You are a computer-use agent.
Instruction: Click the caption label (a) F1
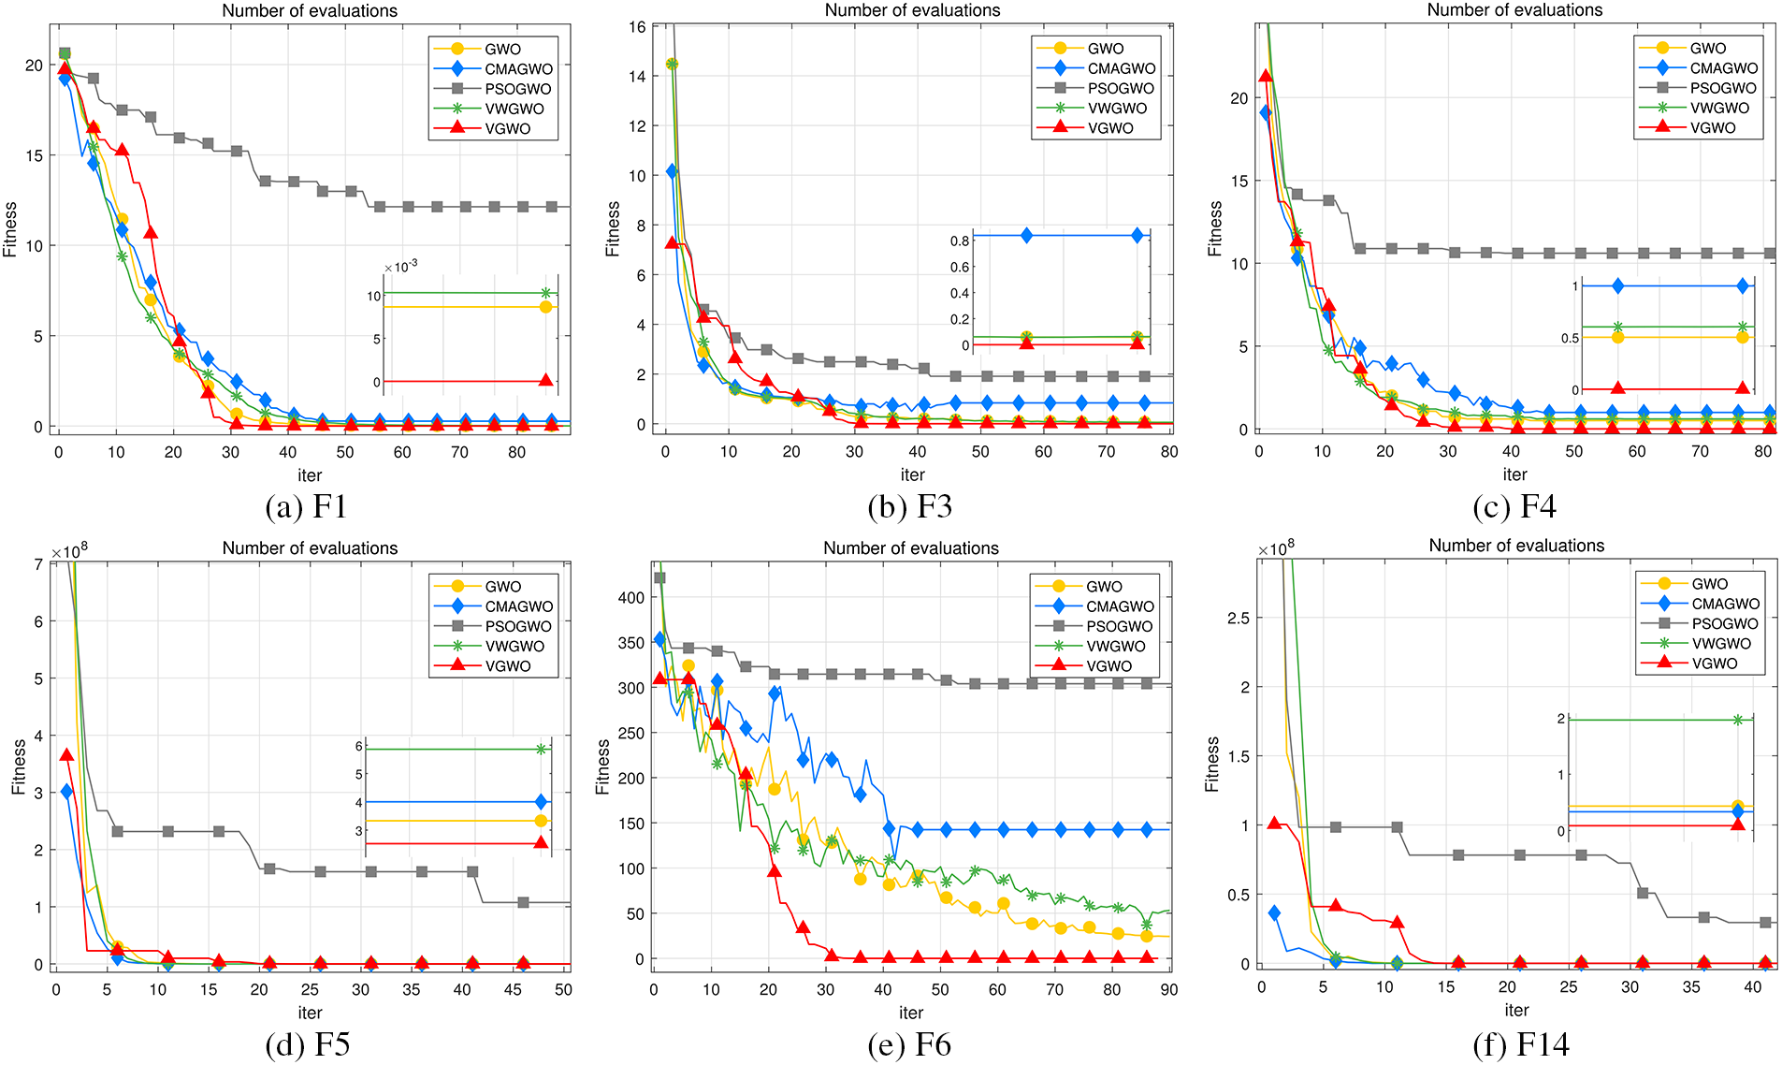306,507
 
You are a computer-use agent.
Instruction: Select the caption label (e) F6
909,1044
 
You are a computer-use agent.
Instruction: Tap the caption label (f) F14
1521,1044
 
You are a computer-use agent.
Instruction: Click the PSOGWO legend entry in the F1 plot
517,89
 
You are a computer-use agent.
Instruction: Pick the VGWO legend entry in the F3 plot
1110,128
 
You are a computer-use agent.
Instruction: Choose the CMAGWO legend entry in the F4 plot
1723,68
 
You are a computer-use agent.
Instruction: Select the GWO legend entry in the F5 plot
502,587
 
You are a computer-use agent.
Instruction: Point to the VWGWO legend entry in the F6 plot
1115,647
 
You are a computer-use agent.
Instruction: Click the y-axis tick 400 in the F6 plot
632,598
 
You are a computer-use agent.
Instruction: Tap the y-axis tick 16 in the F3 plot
637,27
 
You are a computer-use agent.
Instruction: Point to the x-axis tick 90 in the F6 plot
1169,990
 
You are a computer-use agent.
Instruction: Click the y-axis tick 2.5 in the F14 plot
1238,619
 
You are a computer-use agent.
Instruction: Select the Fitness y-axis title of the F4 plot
1215,229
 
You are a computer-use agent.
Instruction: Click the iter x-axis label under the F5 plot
310,1013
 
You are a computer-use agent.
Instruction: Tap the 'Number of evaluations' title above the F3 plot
912,10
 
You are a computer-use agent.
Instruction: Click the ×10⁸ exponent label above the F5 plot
69,551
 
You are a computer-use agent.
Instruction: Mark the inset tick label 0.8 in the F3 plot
960,241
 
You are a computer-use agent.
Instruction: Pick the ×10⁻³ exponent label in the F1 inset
400,268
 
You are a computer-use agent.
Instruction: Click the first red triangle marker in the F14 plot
1273,823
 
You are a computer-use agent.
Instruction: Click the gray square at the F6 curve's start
659,577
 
